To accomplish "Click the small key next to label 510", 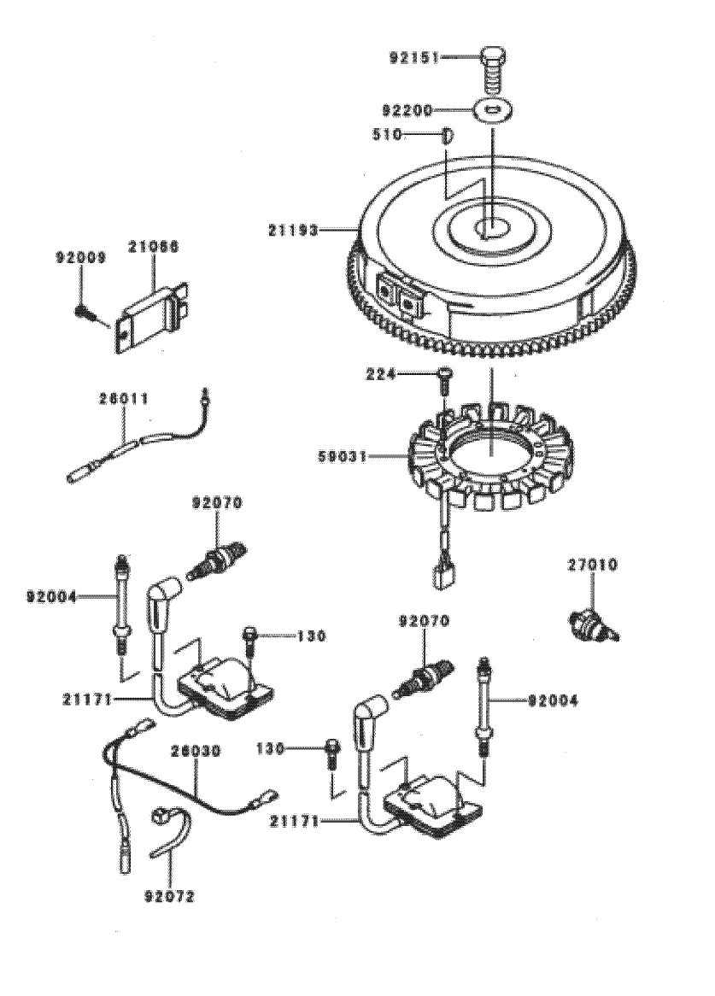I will click(x=446, y=135).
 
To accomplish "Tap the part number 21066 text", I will click(x=155, y=249).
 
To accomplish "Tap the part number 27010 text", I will click(x=593, y=565).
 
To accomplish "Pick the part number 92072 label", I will click(x=169, y=897).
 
